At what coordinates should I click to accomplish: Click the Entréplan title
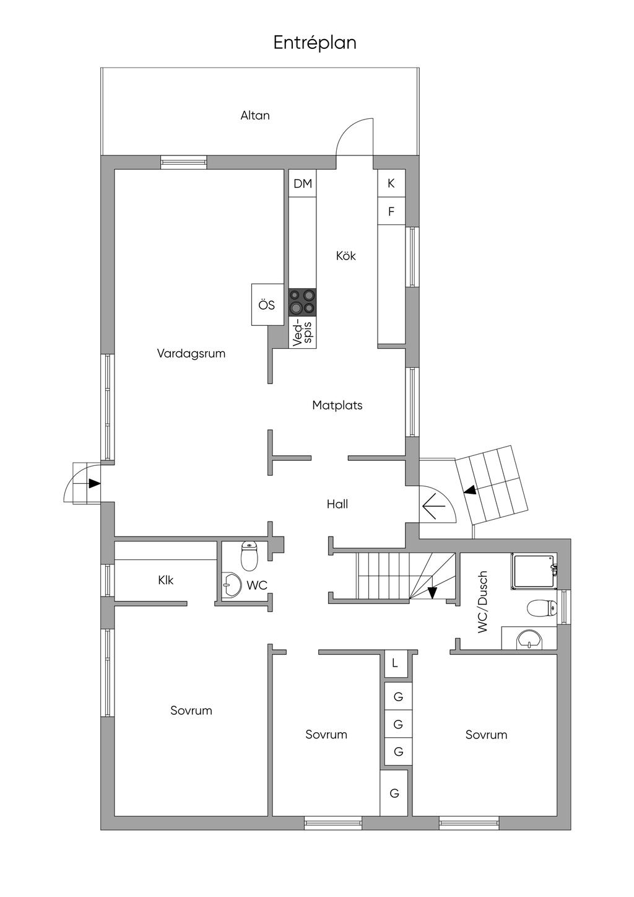315,43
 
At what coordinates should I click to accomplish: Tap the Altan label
255,115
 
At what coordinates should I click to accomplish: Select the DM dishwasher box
303,183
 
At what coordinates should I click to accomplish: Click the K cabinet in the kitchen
391,183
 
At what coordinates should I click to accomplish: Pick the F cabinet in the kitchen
391,211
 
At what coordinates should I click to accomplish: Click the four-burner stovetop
303,302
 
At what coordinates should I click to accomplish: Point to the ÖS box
267,305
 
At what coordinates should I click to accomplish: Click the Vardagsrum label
191,353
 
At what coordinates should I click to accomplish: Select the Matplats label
337,405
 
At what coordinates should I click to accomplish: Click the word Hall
337,504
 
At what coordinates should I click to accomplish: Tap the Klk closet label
165,580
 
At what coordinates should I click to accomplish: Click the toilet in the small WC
250,556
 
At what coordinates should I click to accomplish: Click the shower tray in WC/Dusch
534,571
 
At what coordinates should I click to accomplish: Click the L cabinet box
394,663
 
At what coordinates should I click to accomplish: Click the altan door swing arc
348,128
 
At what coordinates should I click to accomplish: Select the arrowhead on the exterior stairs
469,490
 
